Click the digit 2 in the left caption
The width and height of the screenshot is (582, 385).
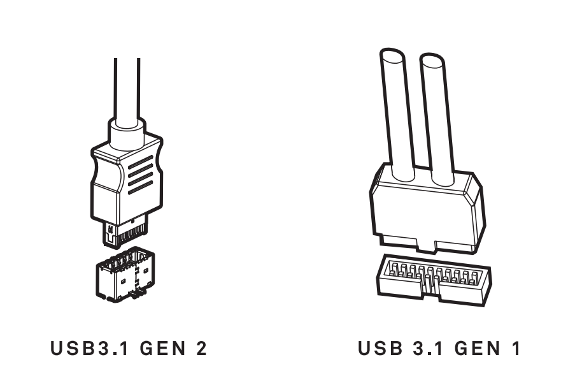point(201,348)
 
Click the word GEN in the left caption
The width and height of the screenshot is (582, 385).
point(163,348)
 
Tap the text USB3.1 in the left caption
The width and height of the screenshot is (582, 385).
point(89,348)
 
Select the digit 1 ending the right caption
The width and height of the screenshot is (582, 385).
point(516,348)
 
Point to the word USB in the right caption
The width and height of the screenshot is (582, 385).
point(380,348)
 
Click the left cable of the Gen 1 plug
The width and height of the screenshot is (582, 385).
point(397,115)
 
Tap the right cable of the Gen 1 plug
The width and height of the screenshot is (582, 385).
point(437,119)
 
